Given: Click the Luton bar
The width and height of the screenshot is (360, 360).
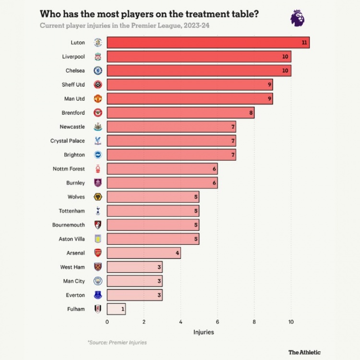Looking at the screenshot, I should pyautogui.click(x=208, y=42).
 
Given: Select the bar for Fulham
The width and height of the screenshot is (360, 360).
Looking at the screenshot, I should pyautogui.click(x=116, y=309).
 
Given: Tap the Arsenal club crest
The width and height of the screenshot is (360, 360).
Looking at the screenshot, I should pyautogui.click(x=98, y=253).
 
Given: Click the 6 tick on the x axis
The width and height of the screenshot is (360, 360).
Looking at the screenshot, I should pyautogui.click(x=217, y=322).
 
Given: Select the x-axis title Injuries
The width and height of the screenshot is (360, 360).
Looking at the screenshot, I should pyautogui.click(x=204, y=332).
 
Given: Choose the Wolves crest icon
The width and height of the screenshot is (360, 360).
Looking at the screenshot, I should pyautogui.click(x=98, y=197).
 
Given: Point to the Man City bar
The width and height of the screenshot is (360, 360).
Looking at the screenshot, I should pyautogui.click(x=134, y=281).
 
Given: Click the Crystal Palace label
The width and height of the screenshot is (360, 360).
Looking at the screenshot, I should pyautogui.click(x=67, y=141).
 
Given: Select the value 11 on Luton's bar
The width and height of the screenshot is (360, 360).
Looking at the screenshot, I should pyautogui.click(x=304, y=42).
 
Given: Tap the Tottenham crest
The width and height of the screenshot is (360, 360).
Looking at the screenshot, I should pyautogui.click(x=98, y=211).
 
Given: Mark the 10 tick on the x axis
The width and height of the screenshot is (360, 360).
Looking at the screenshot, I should pyautogui.click(x=291, y=322).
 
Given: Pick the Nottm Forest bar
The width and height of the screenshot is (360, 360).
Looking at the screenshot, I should pyautogui.click(x=162, y=169).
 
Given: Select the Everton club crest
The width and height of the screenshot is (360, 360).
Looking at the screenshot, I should pyautogui.click(x=98, y=295).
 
